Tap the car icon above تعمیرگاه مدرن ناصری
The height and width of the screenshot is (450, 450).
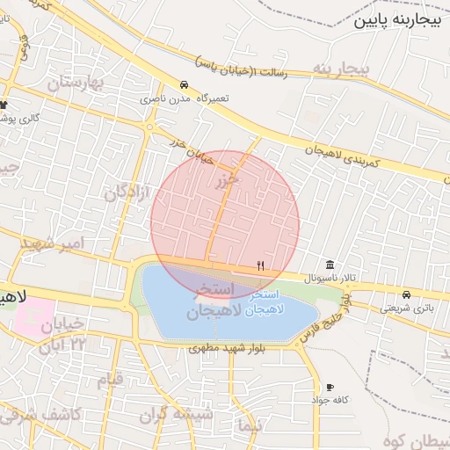pyautogui.click(x=184, y=85)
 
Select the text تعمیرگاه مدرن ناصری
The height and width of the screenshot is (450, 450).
pyautogui.click(x=184, y=98)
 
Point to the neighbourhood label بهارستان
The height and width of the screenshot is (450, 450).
pyautogui.click(x=76, y=84)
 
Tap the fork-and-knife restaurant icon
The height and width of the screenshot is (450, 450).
pyautogui.click(x=260, y=265)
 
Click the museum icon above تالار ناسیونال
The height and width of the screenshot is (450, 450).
pyautogui.click(x=330, y=265)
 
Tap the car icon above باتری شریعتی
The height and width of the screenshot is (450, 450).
pyautogui.click(x=406, y=294)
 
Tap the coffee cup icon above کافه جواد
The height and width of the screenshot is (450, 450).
pyautogui.click(x=330, y=387)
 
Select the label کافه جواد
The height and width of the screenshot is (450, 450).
pyautogui.click(x=330, y=400)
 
